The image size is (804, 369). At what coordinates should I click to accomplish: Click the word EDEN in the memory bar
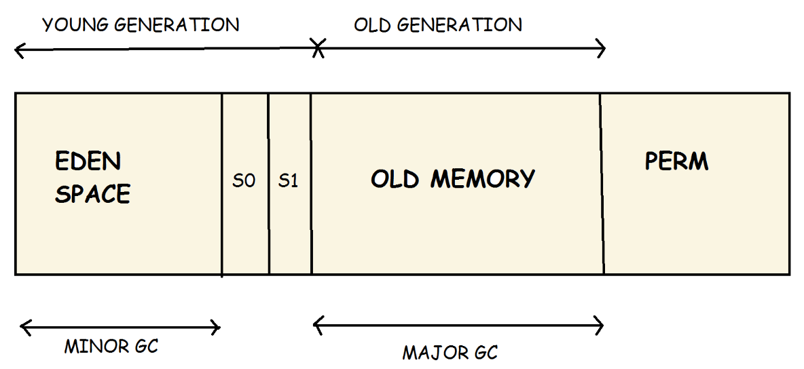(88, 162)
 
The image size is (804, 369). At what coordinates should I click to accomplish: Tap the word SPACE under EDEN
(93, 194)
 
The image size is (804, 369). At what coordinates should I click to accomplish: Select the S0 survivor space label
(244, 182)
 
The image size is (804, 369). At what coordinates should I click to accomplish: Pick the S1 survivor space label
(289, 182)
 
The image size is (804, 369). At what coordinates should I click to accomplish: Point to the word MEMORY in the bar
(483, 179)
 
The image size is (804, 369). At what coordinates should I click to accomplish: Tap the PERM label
(676, 161)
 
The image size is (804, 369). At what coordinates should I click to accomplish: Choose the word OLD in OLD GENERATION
(372, 26)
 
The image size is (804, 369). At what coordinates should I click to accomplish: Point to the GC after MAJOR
(485, 353)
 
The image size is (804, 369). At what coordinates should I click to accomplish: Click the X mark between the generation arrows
(317, 48)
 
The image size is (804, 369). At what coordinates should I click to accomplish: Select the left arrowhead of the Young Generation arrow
(18, 51)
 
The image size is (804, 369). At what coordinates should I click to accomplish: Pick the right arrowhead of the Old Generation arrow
(601, 48)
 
